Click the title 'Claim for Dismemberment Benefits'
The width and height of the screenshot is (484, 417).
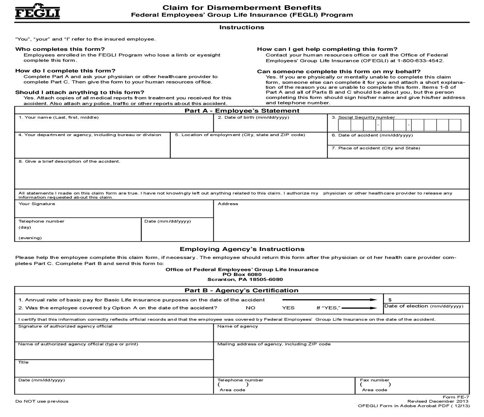click(x=242, y=8)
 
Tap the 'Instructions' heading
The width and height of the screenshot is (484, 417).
click(x=241, y=27)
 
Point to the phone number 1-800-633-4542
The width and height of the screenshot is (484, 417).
click(x=420, y=61)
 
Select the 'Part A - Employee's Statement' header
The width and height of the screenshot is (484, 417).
click(x=242, y=111)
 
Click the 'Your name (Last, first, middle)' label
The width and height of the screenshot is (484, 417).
click(x=59, y=118)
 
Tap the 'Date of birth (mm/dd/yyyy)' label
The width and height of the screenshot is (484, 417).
click(x=253, y=118)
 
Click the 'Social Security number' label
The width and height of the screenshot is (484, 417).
click(x=366, y=118)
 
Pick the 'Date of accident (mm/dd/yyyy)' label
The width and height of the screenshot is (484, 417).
click(x=372, y=135)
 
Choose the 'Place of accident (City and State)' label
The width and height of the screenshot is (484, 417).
click(x=376, y=148)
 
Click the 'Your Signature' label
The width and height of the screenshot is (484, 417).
click(x=37, y=204)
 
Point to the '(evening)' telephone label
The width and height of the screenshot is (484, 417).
click(x=30, y=238)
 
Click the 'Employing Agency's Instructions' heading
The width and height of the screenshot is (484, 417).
click(x=242, y=249)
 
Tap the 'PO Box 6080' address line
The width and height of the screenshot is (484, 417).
click(x=242, y=274)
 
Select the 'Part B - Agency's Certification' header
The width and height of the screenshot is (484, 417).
click(x=241, y=290)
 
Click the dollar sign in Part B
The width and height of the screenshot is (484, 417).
click(x=390, y=300)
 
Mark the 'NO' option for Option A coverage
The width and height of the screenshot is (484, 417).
click(x=251, y=308)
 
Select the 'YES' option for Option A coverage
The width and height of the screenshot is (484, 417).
click(x=288, y=308)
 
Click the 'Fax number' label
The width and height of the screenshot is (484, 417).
click(x=375, y=380)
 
